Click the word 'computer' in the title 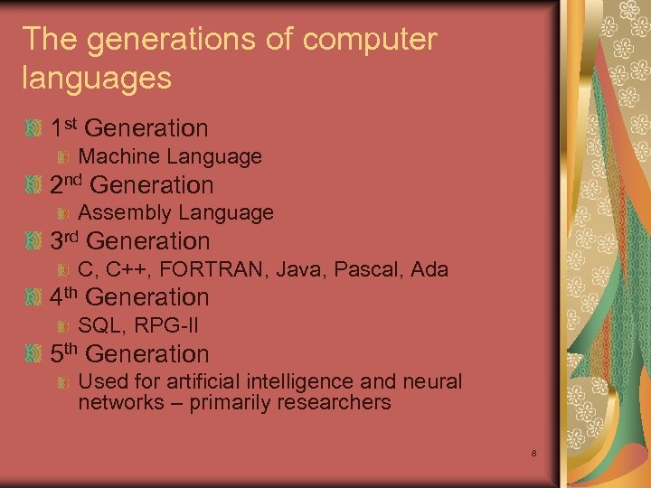[372, 40]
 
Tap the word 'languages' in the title [97, 78]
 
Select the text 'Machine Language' [170, 157]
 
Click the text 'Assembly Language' [175, 213]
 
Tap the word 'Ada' [429, 269]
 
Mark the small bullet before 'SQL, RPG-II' [63, 326]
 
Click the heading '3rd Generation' [129, 241]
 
